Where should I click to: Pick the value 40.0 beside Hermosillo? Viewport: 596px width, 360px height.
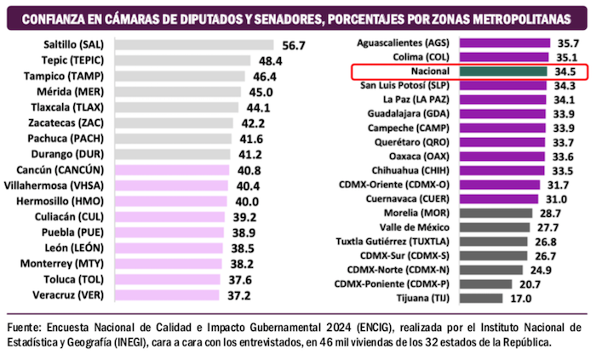click(248, 202)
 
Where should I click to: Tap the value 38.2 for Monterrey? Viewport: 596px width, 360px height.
click(244, 265)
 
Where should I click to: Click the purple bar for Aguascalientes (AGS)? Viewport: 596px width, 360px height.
click(503, 42)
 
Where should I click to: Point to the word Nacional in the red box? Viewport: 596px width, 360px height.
click(427, 71)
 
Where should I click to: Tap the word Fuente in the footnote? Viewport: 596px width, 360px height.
click(26, 326)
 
